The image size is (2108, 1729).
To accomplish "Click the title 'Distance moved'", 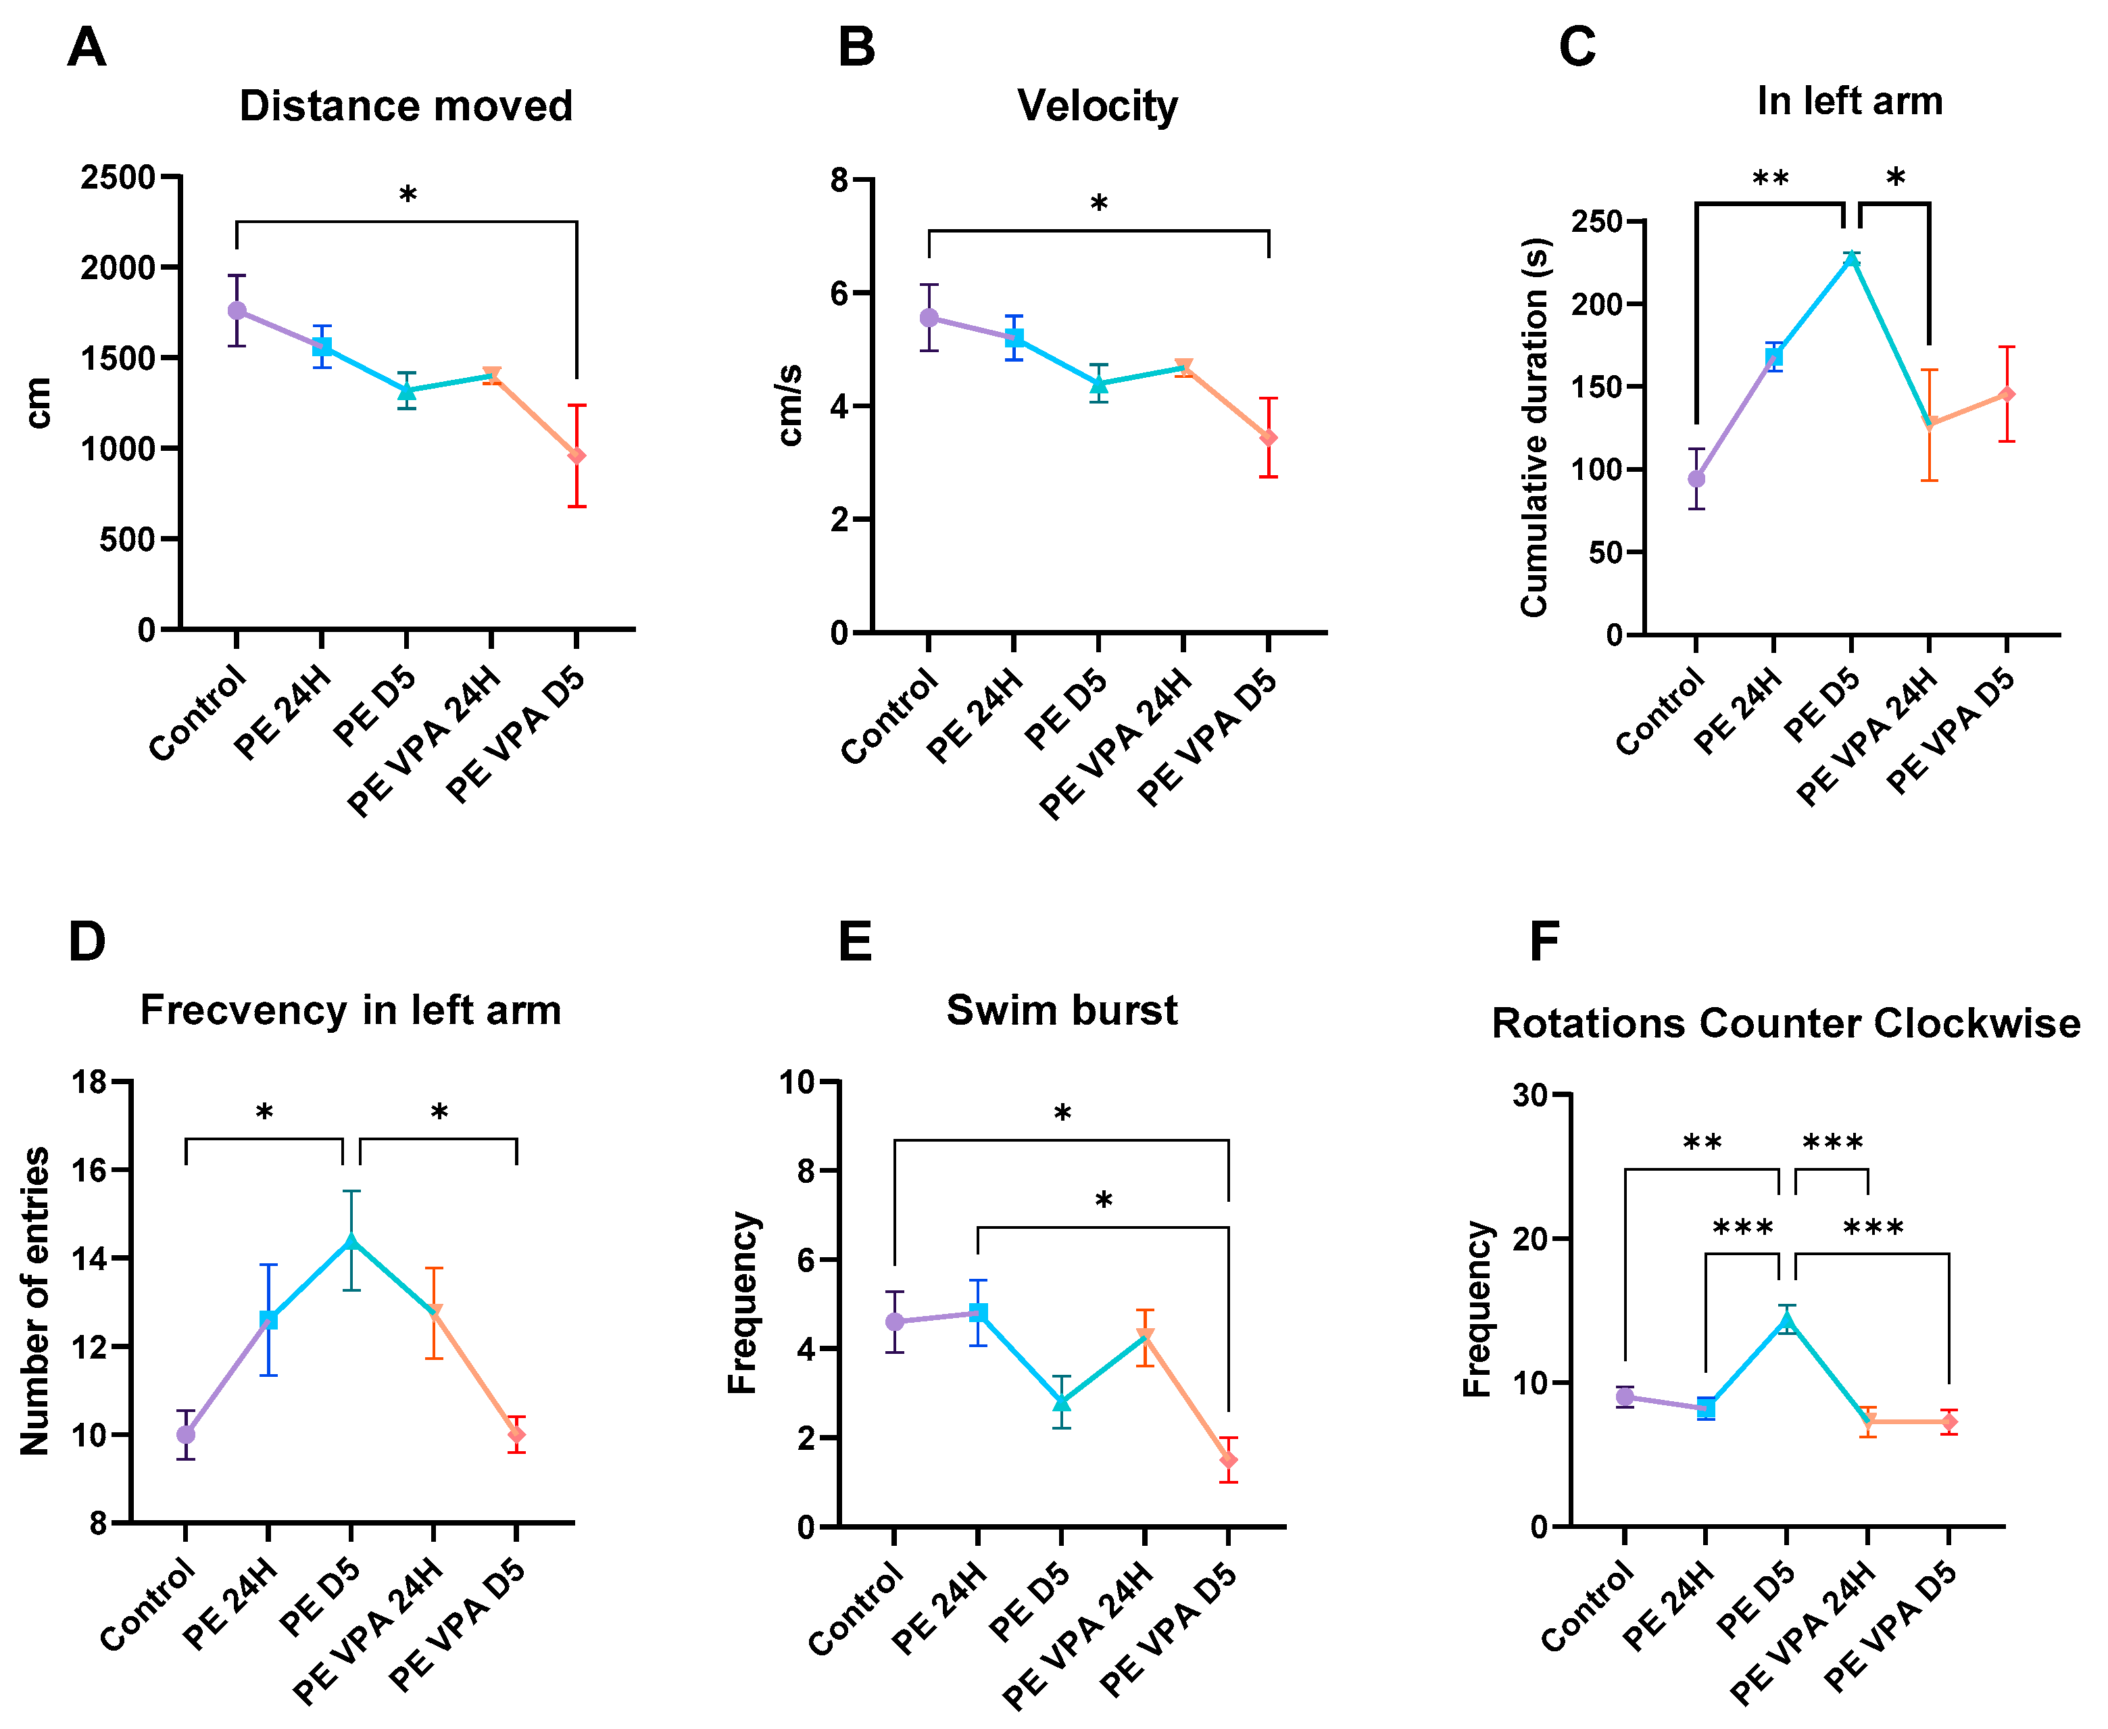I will pyautogui.click(x=406, y=105).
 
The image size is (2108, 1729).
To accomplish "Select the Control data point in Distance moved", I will pyautogui.click(x=237, y=311).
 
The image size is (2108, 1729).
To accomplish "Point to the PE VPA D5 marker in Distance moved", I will pyautogui.click(x=577, y=456).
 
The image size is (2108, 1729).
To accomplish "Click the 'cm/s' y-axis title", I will pyautogui.click(x=789, y=406).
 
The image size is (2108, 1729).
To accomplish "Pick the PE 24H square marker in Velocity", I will pyautogui.click(x=1014, y=339).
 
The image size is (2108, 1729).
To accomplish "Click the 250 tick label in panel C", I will pyautogui.click(x=1596, y=221).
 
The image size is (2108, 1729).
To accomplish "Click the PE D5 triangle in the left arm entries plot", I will pyautogui.click(x=351, y=1241).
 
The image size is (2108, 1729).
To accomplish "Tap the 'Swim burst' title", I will pyautogui.click(x=1062, y=1011).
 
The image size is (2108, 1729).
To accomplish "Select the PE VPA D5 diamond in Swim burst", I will pyautogui.click(x=1228, y=1460).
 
